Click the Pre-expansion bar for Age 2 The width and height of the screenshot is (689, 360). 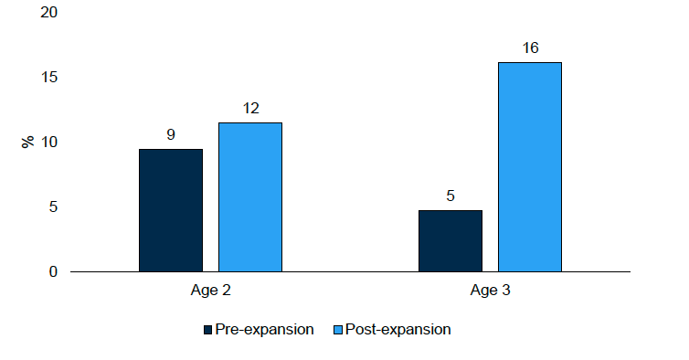coord(171,210)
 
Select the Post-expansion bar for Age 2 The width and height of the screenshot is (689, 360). coord(249,197)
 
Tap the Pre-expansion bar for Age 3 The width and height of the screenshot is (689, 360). coord(450,241)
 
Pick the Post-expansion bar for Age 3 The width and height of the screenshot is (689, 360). coord(529,167)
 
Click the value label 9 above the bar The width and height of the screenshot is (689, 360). coord(171,134)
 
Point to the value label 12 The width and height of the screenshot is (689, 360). coord(249,108)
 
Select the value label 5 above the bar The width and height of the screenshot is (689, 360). coord(450,196)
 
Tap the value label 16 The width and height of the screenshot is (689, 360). coord(529,48)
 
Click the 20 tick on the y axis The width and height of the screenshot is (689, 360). coord(49,13)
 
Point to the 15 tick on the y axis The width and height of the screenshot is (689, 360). coord(49,78)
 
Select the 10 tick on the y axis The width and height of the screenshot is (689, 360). coord(49,143)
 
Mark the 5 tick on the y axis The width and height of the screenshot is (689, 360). coord(53,207)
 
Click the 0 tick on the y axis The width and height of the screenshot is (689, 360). coord(53,271)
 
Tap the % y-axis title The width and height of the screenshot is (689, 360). coord(27,142)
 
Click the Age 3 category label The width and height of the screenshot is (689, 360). coord(490,292)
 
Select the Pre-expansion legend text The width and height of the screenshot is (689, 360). coord(264,330)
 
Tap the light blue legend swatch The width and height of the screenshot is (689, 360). coord(338,330)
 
